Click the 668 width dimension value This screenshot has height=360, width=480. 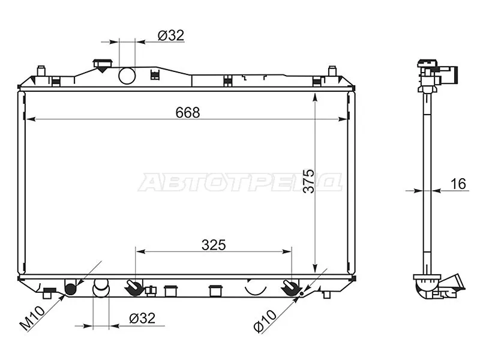pos(188,112)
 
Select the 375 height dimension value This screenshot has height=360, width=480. pos(309,181)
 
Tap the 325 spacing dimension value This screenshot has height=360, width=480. pos(214,245)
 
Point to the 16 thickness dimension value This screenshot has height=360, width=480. pos(458,184)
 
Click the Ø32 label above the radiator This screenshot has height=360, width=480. pos(171,35)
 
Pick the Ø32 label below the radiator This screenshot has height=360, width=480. pos(142,319)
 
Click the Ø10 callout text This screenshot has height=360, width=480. pos(265,320)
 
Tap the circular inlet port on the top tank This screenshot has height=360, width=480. pos(127,76)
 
